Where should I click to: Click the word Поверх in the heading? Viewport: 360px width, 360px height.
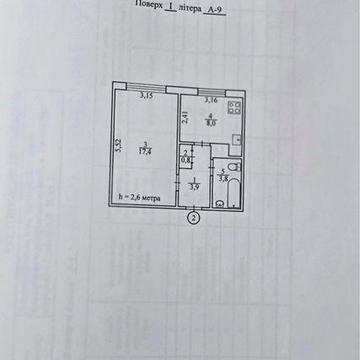(147, 5)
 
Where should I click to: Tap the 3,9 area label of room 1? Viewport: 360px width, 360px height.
(196, 186)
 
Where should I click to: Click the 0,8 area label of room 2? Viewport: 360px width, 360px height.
(186, 160)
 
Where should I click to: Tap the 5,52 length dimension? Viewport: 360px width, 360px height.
(116, 147)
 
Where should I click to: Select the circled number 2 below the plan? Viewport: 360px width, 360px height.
(194, 217)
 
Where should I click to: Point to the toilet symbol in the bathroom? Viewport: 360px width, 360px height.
(232, 168)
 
